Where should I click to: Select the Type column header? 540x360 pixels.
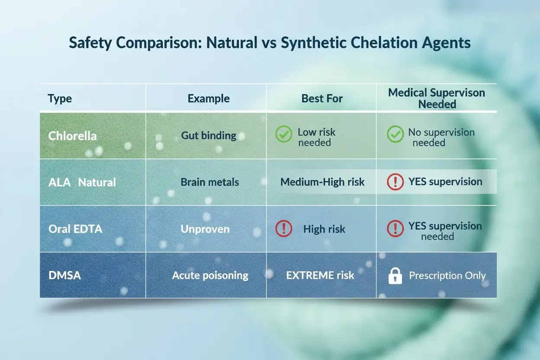(60, 99)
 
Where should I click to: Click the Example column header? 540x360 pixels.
(209, 99)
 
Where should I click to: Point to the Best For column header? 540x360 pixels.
(322, 99)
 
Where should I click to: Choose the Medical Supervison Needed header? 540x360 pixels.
(437, 98)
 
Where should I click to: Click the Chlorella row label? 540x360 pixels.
(72, 136)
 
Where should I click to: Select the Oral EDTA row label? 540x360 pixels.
(75, 229)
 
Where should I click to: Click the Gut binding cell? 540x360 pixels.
(209, 136)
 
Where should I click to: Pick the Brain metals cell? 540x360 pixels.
(210, 182)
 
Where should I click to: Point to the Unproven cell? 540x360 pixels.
(205, 229)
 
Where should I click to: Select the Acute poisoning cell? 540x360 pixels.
(210, 276)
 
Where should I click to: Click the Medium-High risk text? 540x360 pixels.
(322, 182)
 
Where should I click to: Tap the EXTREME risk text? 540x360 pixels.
(320, 275)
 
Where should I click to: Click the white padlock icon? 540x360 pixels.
(395, 276)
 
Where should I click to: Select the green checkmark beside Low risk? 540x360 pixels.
(283, 135)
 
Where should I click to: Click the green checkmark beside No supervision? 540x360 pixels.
(395, 135)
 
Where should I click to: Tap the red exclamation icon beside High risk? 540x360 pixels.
(283, 229)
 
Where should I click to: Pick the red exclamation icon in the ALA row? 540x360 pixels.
(395, 182)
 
